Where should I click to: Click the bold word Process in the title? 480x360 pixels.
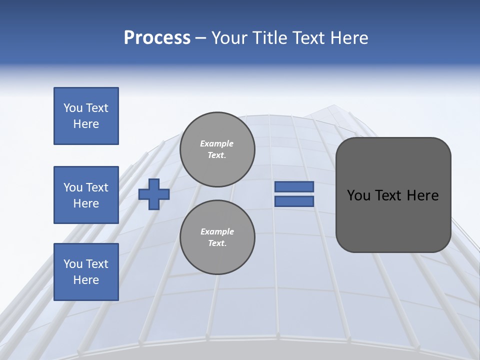pos(157,38)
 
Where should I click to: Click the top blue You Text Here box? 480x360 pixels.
pos(86,116)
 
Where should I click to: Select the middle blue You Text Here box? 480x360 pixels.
pos(86,195)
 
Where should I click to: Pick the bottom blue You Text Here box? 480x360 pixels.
pos(86,272)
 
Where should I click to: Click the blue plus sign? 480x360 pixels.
pos(154,194)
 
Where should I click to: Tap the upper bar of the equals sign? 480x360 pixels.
pos(294,187)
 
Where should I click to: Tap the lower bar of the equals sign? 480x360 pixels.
pos(294,201)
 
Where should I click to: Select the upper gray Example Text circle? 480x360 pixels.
pos(217,149)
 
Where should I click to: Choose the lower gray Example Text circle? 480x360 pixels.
pos(217,237)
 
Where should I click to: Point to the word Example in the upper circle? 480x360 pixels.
pos(217,143)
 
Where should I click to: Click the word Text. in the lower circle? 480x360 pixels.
pos(217,243)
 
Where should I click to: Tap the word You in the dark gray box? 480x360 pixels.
pos(358,195)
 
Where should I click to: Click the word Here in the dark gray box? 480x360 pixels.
pos(422,195)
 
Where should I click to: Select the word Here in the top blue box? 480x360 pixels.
pos(86,124)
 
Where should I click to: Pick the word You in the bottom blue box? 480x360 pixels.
pos(73,264)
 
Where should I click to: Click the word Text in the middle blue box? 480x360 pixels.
pos(97,187)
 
